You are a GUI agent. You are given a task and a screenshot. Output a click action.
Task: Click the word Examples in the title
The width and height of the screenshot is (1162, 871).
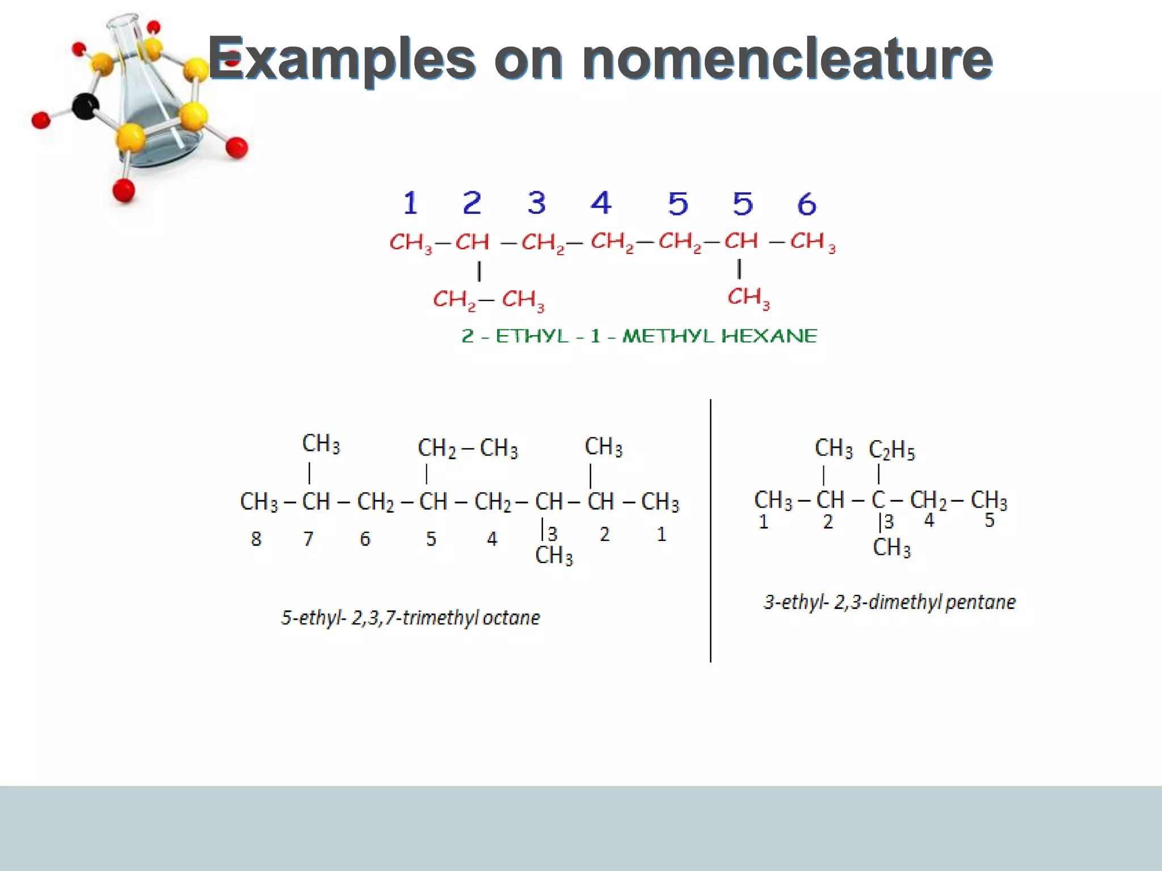tap(342, 59)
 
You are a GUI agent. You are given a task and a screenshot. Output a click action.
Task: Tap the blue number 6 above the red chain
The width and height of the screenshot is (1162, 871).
tap(806, 204)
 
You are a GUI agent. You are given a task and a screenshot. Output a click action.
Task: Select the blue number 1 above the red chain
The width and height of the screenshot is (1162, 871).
tap(410, 203)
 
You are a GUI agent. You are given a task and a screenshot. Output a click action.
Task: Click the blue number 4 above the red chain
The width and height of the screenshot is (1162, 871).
tap(601, 202)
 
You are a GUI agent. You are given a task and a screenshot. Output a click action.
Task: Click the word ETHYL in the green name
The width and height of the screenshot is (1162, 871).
tap(532, 336)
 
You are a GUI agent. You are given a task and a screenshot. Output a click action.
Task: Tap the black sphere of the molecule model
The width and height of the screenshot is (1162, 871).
tap(86, 106)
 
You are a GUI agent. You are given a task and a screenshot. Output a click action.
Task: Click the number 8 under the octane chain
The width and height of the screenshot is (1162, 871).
tap(256, 539)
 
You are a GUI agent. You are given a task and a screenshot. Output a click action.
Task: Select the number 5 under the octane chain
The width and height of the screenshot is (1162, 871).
tap(431, 539)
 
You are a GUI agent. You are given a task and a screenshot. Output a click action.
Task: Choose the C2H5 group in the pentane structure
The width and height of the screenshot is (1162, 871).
tap(891, 450)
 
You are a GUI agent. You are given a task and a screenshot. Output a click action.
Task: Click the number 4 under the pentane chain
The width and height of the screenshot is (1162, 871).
tap(929, 520)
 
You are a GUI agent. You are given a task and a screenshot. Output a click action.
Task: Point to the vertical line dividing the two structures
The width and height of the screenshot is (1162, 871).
tap(710, 530)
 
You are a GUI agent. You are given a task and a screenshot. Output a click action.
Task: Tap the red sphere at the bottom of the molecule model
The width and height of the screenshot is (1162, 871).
tap(124, 190)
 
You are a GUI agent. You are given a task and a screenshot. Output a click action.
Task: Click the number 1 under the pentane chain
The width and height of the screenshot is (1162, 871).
tap(764, 522)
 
